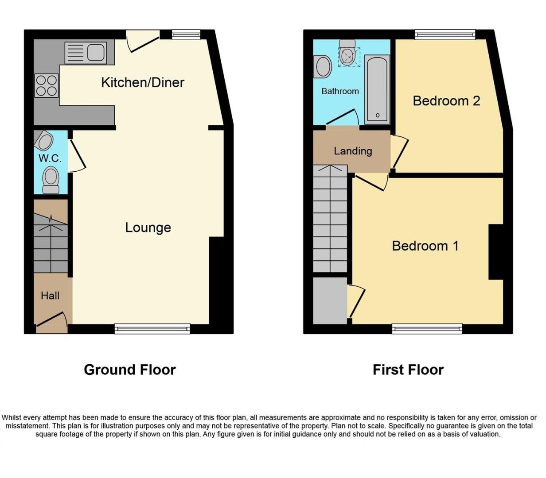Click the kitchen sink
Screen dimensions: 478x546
tap(85, 53)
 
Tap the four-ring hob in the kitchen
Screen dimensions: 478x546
tap(47, 85)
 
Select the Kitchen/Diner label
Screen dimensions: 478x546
tap(142, 82)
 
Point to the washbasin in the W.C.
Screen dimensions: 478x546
tap(45, 141)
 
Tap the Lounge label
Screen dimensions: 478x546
tap(148, 227)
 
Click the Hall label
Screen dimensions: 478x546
tap(50, 296)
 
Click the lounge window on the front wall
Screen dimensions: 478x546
tap(152, 328)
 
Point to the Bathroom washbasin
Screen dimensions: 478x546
tap(323, 67)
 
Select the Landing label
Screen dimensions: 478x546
tap(353, 151)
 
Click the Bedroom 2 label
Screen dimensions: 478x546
tap(446, 101)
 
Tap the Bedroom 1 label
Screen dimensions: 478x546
tap(425, 246)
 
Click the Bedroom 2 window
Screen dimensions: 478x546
tap(445, 35)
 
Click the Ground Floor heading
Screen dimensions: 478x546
tap(130, 370)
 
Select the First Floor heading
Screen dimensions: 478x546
tap(408, 370)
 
